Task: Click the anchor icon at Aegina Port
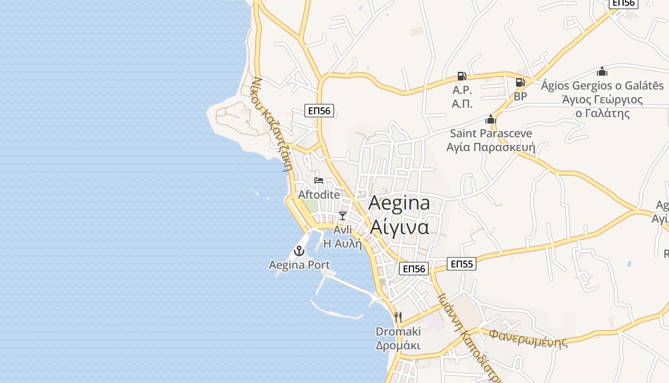tap(299, 250)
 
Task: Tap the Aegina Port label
tap(299, 265)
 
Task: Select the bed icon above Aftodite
tap(319, 180)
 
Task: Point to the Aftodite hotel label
tap(319, 195)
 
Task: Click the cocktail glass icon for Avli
tap(342, 215)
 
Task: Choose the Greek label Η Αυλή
tap(343, 244)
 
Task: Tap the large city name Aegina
tap(399, 203)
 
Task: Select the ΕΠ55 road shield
tap(462, 263)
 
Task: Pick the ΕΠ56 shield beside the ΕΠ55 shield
tap(414, 269)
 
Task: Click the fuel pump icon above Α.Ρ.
tap(462, 76)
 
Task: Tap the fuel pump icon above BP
tap(520, 82)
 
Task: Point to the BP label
tap(520, 96)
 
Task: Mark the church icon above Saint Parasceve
tap(491, 119)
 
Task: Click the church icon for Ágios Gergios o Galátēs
tap(602, 72)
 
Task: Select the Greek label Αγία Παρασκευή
tap(491, 147)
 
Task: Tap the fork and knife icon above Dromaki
tap(398, 317)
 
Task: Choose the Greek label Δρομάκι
tap(398, 346)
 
